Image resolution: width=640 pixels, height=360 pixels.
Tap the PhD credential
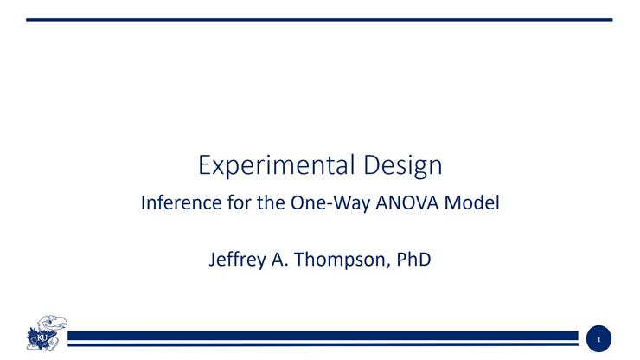[414, 260]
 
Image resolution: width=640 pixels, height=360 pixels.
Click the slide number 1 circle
[598, 339]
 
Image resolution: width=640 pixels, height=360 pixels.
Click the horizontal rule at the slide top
[319, 19]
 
